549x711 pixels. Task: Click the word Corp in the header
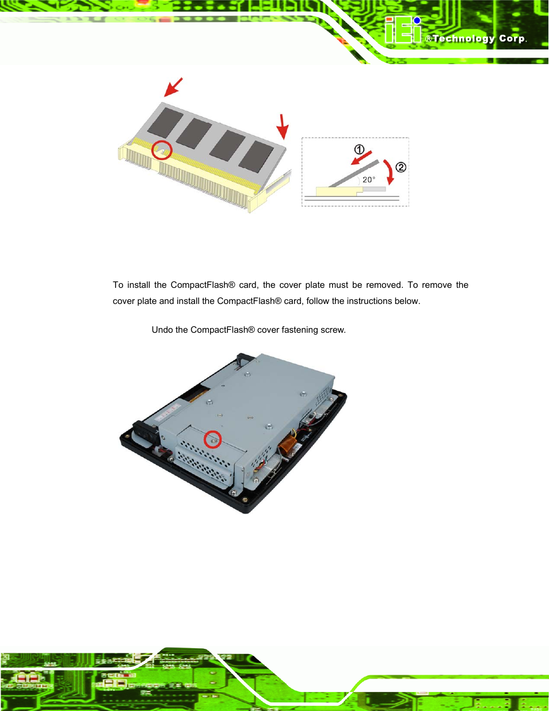(512, 39)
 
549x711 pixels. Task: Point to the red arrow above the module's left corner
(173, 87)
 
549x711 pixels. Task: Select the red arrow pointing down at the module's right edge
(283, 126)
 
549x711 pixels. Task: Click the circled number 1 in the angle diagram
(359, 150)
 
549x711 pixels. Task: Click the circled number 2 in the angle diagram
(401, 168)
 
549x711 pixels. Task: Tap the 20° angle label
(368, 180)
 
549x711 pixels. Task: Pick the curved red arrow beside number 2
(390, 172)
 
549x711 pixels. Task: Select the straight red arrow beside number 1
(363, 158)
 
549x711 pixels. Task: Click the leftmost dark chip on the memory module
(166, 122)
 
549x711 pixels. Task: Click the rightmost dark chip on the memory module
(257, 156)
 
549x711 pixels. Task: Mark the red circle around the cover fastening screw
(213, 439)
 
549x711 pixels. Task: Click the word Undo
(162, 330)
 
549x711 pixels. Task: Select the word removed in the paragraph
(384, 285)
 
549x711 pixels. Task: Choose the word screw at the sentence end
(333, 330)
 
